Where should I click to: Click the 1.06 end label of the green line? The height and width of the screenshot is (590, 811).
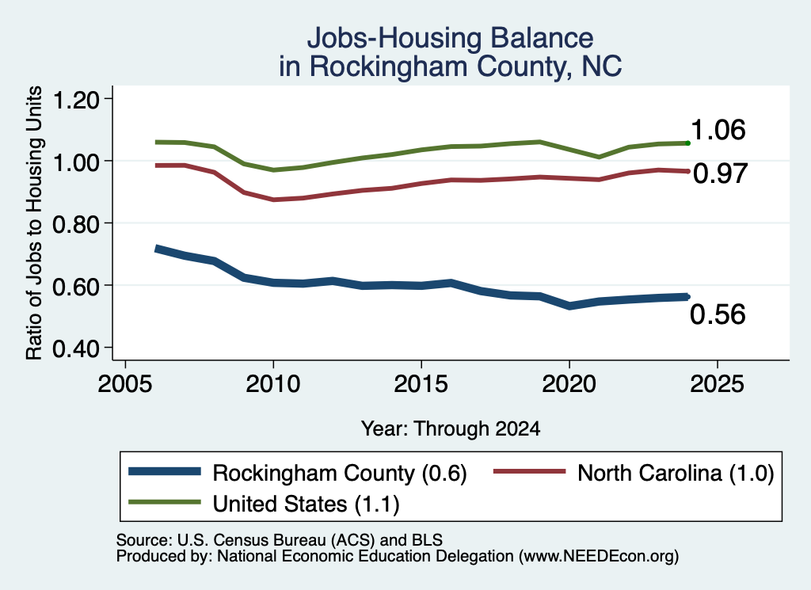tap(718, 129)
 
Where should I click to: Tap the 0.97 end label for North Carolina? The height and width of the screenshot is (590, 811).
tap(720, 173)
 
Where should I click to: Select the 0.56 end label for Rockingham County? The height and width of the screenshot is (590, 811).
tap(718, 314)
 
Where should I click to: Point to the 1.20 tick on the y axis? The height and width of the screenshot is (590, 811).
tap(76, 99)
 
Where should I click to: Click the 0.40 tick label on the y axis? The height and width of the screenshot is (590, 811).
tap(76, 348)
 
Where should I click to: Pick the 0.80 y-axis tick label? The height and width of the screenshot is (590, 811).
tap(76, 224)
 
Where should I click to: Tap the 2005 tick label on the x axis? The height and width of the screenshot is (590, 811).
tap(125, 383)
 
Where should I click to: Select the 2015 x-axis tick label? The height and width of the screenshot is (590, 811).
tap(421, 383)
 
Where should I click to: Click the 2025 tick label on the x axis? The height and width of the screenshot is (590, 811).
tap(717, 383)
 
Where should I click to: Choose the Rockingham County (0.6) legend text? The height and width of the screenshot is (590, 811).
tap(340, 473)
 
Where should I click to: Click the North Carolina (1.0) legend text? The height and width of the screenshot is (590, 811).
tap(676, 473)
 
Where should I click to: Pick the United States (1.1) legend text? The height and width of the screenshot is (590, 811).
tap(307, 504)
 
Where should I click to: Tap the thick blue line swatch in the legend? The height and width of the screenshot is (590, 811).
tap(165, 471)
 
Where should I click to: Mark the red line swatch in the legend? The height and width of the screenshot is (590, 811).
tap(530, 471)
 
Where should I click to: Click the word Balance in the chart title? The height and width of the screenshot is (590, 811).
tap(542, 38)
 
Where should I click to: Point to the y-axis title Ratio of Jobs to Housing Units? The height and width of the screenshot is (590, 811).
tap(34, 223)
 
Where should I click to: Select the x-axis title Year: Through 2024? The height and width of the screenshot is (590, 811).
tap(451, 428)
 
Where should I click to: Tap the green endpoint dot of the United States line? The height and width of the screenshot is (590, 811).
tap(687, 143)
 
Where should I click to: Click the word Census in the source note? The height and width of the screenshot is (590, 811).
tap(241, 540)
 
